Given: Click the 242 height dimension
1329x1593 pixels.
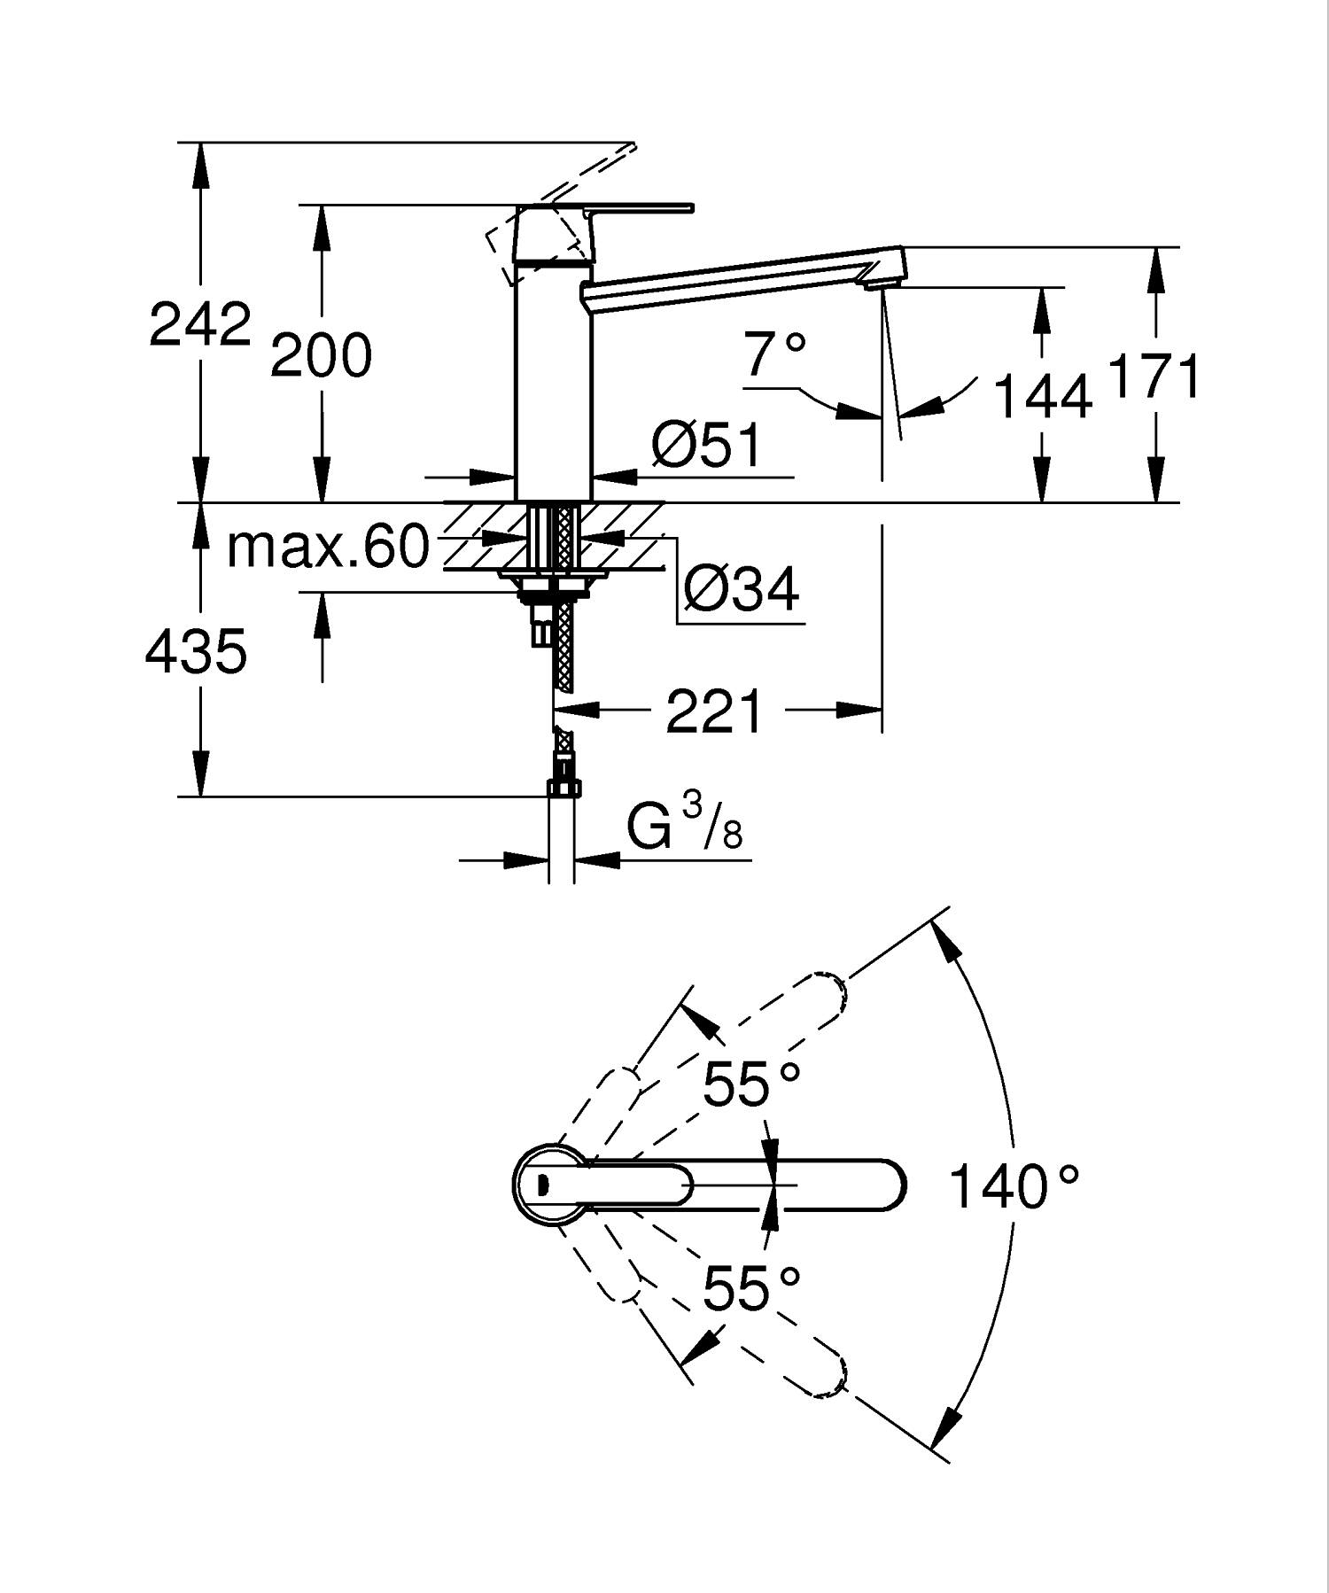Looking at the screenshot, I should [x=200, y=324].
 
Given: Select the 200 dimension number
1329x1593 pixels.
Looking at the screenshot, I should [x=321, y=356].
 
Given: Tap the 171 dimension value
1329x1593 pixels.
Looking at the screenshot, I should [x=1154, y=377].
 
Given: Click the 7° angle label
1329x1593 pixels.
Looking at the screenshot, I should [x=775, y=354].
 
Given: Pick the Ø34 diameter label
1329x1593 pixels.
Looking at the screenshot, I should [x=742, y=588].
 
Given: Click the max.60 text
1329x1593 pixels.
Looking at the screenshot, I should [x=328, y=547].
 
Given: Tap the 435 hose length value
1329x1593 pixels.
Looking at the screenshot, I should [x=196, y=652].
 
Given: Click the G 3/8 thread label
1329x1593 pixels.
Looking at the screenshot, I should [x=684, y=826].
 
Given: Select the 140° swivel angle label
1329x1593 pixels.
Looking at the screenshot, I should [x=1014, y=1187].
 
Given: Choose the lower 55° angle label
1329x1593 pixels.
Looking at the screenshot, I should [x=751, y=1288].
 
